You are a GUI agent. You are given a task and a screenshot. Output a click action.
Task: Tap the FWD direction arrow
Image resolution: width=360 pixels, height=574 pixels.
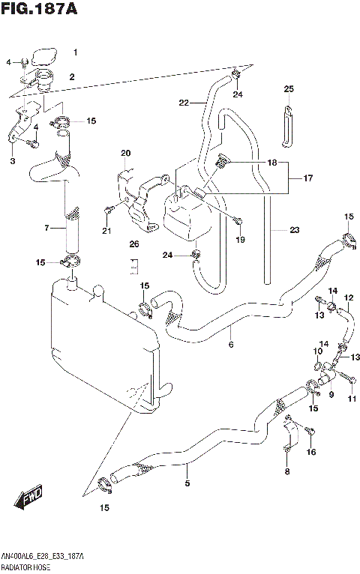coord(29,498)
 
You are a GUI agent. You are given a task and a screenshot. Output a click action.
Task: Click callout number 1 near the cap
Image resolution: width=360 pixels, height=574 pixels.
coord(74,52)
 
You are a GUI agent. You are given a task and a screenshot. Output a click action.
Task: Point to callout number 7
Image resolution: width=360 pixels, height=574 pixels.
coord(46,228)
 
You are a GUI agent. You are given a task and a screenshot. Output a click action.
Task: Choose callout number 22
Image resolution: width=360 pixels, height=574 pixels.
coord(183,103)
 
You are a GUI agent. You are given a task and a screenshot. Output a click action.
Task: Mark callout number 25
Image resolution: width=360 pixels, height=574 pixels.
coord(288,89)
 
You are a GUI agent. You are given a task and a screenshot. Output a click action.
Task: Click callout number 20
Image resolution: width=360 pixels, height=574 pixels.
coord(125,154)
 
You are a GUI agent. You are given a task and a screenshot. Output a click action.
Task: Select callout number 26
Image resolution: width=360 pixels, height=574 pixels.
coord(133,244)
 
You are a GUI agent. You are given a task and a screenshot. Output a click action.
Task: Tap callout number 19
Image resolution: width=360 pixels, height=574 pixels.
coord(240,239)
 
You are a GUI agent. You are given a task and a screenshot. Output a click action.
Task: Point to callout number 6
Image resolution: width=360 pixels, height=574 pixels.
coord(231,345)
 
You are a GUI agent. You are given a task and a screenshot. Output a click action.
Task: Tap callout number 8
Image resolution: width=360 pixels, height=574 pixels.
coord(286,471)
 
